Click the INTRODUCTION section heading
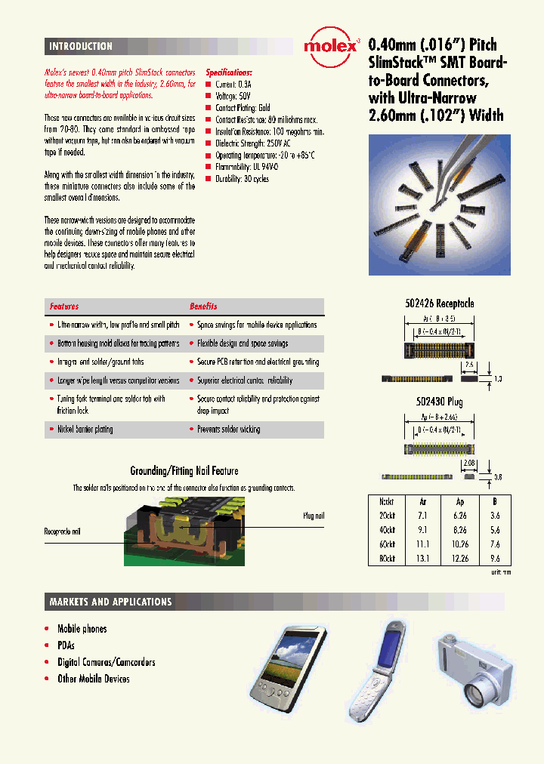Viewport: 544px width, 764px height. [81, 47]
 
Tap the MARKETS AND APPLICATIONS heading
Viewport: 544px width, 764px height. [110, 602]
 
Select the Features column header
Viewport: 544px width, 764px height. [64, 307]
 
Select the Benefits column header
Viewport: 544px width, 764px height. [203, 307]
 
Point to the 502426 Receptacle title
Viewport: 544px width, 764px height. [440, 303]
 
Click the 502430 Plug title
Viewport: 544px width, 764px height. [439, 402]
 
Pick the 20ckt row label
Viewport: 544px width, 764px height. [387, 515]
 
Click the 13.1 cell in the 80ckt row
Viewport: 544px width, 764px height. [422, 558]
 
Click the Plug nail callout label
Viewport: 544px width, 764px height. [313, 516]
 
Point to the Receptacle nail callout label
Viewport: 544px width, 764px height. [62, 531]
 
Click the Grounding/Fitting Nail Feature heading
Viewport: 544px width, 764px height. [184, 471]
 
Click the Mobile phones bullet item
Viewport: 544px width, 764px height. [82, 629]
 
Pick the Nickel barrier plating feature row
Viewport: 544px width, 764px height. [85, 430]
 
